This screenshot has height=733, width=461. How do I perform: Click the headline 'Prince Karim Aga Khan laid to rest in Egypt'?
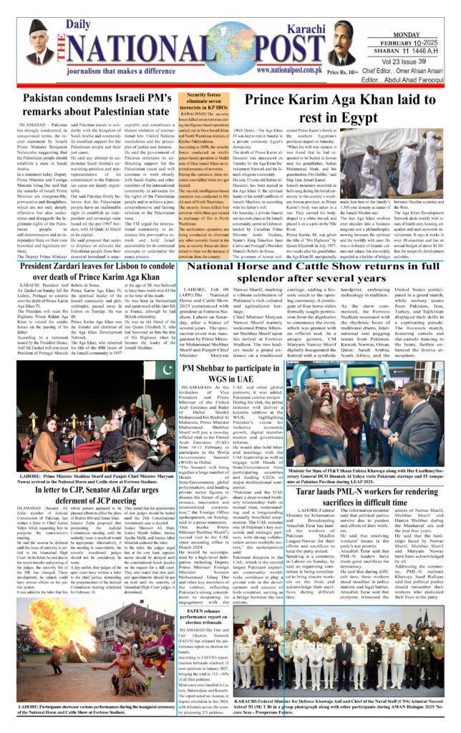tap(343, 109)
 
